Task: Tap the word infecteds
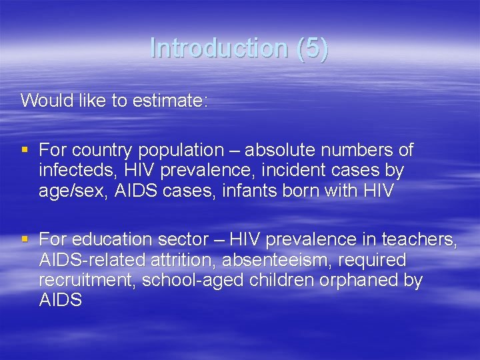(74, 171)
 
